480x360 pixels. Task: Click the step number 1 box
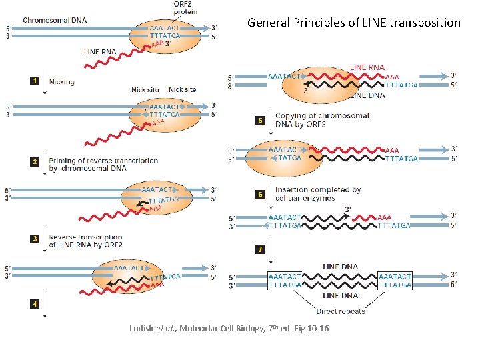[x=33, y=81]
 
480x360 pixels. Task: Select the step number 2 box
[x=33, y=162]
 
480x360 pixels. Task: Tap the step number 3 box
[x=33, y=239]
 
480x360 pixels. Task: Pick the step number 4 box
[x=33, y=304]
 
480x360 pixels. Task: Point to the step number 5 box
[x=261, y=121]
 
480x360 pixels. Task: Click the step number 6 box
[x=261, y=195]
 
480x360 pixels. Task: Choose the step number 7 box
[x=261, y=249]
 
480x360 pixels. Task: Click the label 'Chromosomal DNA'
[x=54, y=20]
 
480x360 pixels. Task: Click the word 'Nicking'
[x=62, y=82]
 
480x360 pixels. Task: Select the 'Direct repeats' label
[x=341, y=311]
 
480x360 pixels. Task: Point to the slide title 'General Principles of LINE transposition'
[x=353, y=23]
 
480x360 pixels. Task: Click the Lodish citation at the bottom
[x=229, y=329]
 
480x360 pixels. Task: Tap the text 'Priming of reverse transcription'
[x=103, y=161]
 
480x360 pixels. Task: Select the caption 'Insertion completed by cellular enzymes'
[x=317, y=193]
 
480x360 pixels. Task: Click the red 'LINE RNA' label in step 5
[x=367, y=67]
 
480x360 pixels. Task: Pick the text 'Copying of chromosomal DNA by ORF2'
[x=321, y=120]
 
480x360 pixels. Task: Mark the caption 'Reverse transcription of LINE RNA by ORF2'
[x=85, y=241]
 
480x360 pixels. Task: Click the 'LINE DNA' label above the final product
[x=340, y=267]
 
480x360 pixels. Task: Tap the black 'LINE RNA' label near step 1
[x=100, y=51]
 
